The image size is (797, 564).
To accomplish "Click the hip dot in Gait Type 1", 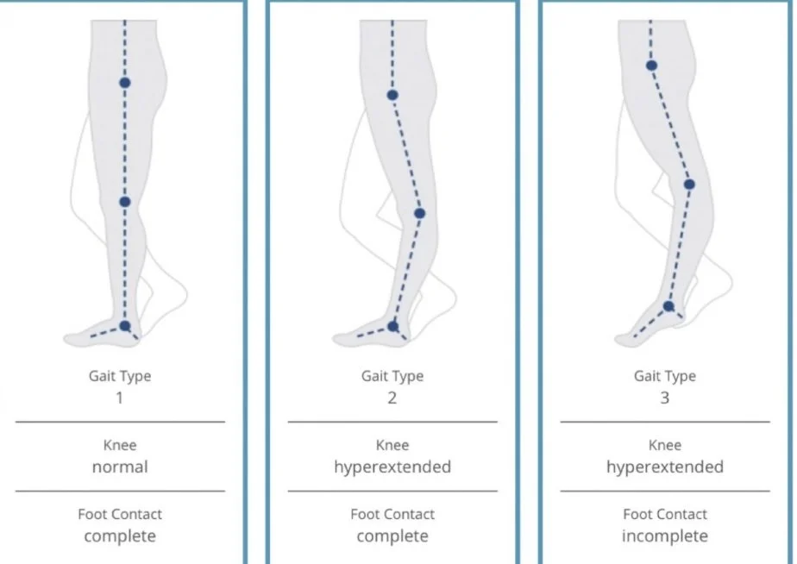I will [125, 83].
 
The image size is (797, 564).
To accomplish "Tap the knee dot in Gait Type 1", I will [124, 202].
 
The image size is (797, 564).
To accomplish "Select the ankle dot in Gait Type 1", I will [125, 325].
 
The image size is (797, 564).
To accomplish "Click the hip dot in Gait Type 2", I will [392, 95].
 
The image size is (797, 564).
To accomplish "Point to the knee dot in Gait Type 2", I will [420, 213].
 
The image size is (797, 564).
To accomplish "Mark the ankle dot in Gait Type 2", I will [393, 325].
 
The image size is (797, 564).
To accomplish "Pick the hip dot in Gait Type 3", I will [651, 66].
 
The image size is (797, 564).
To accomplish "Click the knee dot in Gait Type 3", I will [689, 184].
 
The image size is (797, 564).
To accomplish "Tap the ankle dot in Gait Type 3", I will [668, 305].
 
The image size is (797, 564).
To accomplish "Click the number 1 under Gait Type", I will [120, 398].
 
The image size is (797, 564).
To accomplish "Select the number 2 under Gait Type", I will [392, 398].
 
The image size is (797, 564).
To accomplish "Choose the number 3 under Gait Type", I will [664, 398].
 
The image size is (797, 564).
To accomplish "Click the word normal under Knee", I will [120, 467].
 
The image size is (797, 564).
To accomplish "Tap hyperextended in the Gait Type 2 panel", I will [392, 467].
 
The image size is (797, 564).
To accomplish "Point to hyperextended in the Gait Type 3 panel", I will [664, 467].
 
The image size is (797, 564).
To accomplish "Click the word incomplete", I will [664, 536].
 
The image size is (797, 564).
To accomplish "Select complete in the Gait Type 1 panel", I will [120, 536].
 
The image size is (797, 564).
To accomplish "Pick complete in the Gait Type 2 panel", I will [392, 536].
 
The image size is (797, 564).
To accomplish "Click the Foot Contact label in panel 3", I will [664, 514].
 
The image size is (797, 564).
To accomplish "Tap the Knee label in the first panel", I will [120, 446].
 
